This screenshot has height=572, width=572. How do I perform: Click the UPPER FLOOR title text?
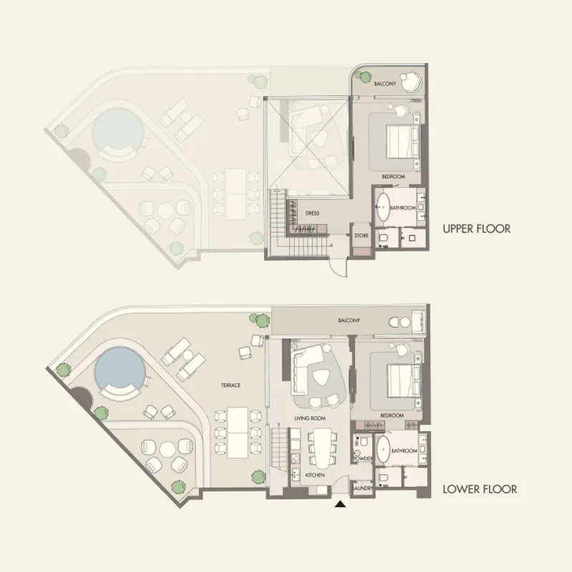click(476, 229)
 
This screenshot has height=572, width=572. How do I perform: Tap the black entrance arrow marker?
click(341, 505)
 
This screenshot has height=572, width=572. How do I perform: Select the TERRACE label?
click(230, 385)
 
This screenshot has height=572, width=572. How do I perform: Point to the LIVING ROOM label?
click(310, 418)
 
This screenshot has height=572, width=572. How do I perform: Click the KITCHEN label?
click(315, 475)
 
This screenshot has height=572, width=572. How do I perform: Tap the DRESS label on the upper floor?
click(312, 213)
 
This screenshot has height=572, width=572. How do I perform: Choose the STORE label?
click(361, 235)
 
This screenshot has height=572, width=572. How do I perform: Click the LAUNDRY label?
click(362, 489)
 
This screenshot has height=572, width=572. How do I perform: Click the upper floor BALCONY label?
click(385, 84)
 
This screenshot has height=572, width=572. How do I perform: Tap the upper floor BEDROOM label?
click(393, 176)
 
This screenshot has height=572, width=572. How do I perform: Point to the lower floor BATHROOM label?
click(404, 451)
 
